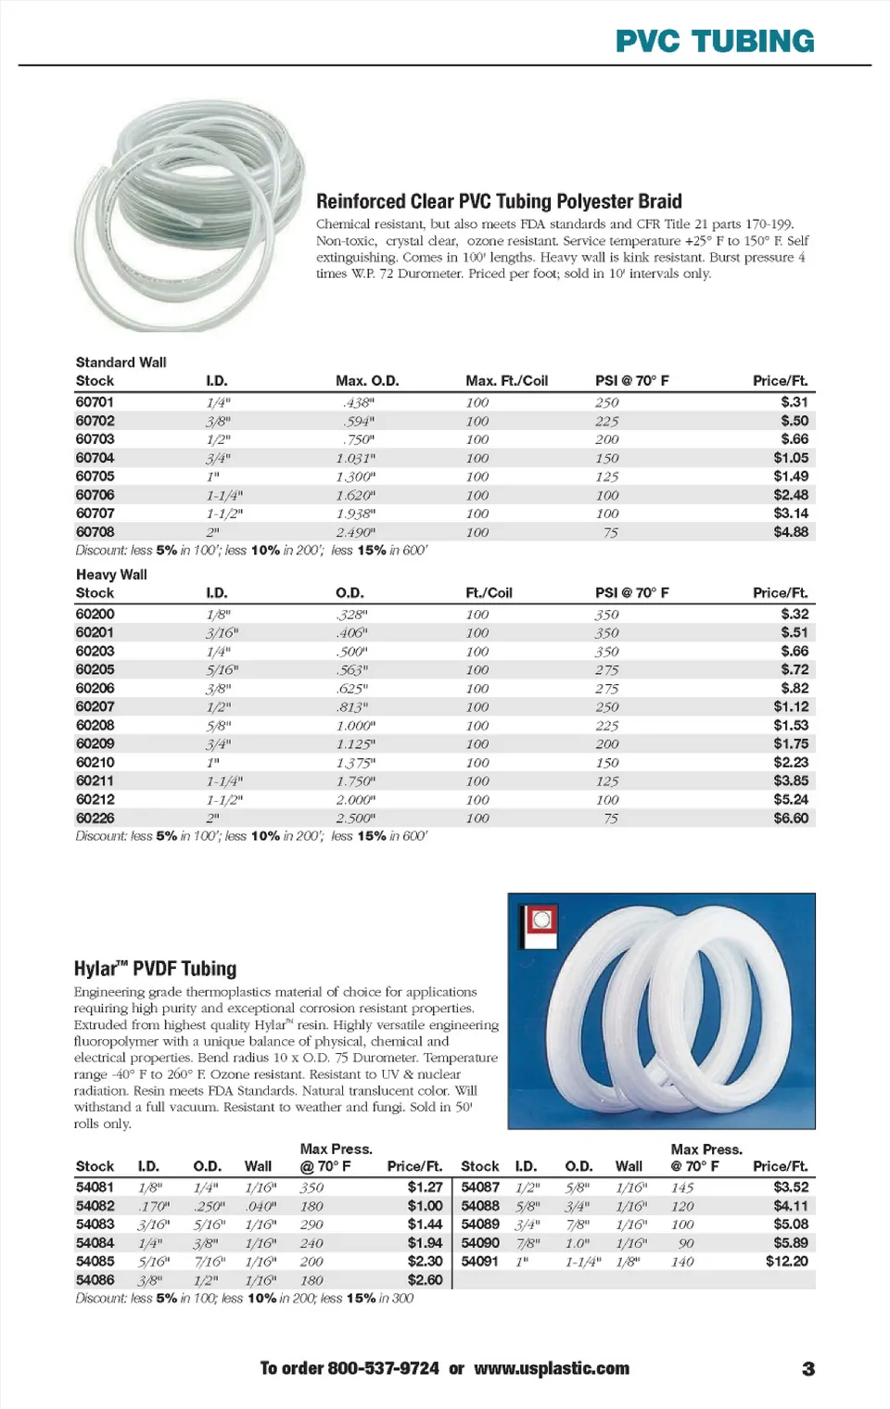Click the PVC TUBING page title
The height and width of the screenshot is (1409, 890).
coord(715,41)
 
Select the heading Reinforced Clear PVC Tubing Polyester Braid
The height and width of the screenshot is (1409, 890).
coord(499,201)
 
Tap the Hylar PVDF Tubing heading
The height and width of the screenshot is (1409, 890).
coord(155,969)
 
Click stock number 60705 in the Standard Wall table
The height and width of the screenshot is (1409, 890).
coord(95,476)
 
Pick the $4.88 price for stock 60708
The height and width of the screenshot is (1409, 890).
coord(791,532)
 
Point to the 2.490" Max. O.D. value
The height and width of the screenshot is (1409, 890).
coord(355,532)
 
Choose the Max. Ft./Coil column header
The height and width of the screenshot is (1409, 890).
coord(506,381)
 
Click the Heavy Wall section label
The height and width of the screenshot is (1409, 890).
coord(111,575)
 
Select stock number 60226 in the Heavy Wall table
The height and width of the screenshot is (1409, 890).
coord(95,819)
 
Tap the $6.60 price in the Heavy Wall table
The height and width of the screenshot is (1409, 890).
coord(791,819)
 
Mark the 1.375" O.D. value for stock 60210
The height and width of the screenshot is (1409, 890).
coord(355,763)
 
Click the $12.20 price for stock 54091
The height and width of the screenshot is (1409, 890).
coord(786,1262)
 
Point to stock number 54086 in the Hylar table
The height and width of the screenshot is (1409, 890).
coord(95,1280)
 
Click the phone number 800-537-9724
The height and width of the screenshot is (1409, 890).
coord(383,1368)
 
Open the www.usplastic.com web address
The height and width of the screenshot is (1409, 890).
coord(552,1368)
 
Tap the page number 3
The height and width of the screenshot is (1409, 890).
coord(808,1369)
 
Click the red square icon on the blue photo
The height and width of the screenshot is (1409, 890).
coord(541,920)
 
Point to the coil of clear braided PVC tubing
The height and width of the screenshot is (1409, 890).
coord(190,214)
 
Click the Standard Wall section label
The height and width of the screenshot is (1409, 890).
coord(121,362)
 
